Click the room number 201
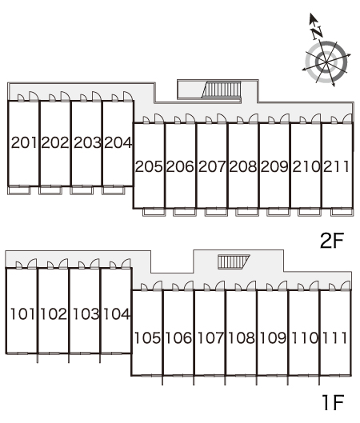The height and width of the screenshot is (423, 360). pos(24,142)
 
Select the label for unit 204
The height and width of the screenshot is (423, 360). pos(118,142)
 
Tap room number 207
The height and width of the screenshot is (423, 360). pos(212,166)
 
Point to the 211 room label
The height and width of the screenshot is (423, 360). pos(336,166)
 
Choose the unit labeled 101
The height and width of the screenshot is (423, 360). pos(22,314)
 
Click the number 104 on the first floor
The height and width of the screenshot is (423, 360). pos(117,314)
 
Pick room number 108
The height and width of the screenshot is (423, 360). pos(242,338)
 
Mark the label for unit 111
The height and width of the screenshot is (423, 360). pos(334,338)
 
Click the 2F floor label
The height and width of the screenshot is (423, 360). pos(332,241)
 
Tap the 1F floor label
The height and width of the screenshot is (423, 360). pos(333,402)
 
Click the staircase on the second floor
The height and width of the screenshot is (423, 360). pos(222,90)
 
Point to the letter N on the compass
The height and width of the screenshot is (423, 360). pos(317,33)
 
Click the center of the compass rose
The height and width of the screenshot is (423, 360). pos(326,62)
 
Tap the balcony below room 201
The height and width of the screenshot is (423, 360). pos(19,190)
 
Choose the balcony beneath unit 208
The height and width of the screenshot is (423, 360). pos(247,212)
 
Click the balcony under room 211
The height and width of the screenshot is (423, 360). pos(342,212)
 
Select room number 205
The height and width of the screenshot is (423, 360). pos(149,166)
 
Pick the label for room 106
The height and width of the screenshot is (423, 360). pos(178,338)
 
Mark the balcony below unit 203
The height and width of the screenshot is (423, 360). pos(82,190)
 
